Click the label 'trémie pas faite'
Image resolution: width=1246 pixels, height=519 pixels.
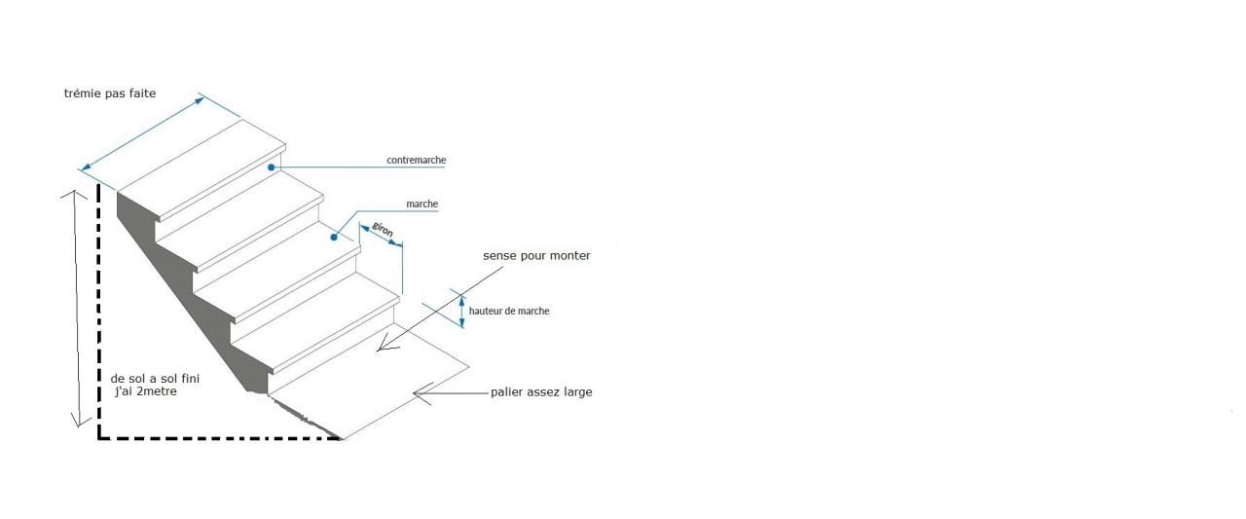[109, 93]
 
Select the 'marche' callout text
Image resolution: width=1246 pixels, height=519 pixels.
[421, 204]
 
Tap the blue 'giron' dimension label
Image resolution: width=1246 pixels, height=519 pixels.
[383, 233]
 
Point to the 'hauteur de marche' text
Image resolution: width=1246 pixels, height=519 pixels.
[509, 311]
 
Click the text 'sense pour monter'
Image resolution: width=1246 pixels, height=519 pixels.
[536, 255]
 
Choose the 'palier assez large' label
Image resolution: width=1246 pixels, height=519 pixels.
[541, 392]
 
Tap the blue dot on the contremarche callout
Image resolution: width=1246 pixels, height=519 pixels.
[273, 167]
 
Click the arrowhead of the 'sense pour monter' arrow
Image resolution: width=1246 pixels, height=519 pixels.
[385, 345]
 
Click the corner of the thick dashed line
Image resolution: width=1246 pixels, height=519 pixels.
[99, 439]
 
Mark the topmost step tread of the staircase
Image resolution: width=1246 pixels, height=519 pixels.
[200, 158]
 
